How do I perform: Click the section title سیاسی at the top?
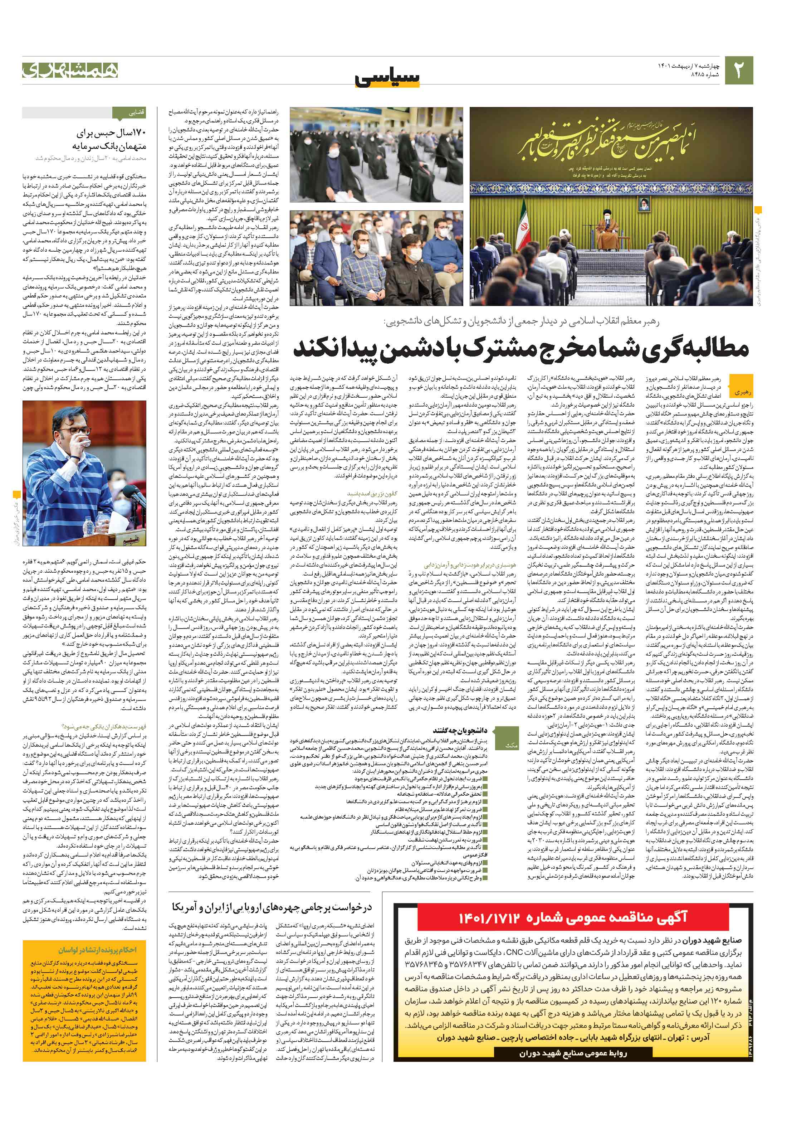pos(387,78)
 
